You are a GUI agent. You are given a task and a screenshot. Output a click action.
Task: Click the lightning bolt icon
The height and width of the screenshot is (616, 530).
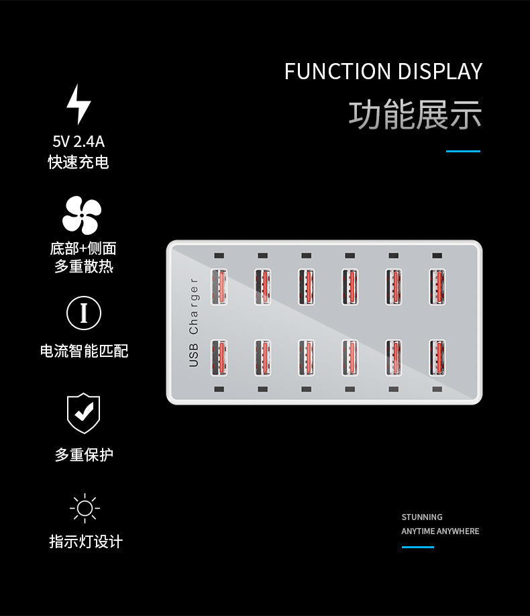(x=78, y=104)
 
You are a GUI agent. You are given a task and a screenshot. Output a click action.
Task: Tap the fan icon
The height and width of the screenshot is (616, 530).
(x=82, y=215)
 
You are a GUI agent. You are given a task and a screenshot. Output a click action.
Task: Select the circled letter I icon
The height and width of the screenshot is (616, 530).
(x=84, y=313)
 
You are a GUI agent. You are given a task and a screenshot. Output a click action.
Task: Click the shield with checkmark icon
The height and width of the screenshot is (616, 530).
(x=84, y=413)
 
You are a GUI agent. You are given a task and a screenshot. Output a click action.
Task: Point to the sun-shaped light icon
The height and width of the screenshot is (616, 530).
(x=85, y=508)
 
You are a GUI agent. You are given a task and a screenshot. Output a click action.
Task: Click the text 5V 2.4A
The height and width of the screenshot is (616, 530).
(x=78, y=142)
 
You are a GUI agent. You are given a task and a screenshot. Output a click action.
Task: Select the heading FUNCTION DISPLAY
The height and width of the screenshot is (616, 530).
(x=383, y=71)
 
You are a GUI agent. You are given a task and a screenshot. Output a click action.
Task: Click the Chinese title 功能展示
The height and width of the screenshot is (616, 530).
(x=415, y=114)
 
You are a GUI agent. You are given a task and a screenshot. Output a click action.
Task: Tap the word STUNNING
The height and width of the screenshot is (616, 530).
(x=422, y=517)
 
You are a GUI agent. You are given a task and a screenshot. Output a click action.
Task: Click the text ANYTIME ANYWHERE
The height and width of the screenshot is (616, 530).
(x=440, y=531)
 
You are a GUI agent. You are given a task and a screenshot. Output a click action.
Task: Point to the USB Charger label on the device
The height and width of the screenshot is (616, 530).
(x=194, y=322)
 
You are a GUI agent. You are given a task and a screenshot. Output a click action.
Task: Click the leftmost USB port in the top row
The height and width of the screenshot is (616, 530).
(x=219, y=287)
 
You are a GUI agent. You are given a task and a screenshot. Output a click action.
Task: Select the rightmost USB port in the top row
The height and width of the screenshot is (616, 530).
(x=437, y=287)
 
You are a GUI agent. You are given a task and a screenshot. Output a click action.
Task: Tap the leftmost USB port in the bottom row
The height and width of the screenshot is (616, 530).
(x=219, y=358)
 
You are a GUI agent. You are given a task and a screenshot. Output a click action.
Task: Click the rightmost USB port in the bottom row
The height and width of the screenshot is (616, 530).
(x=437, y=358)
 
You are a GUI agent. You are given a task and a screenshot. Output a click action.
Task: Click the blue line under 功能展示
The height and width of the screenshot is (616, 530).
(x=463, y=152)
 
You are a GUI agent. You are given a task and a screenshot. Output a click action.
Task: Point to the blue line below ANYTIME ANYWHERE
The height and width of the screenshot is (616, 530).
(x=418, y=547)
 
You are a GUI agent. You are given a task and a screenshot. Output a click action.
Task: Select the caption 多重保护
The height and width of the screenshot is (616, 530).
(x=84, y=455)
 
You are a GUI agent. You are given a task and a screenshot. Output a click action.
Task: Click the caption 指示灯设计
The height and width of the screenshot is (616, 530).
(x=86, y=542)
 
